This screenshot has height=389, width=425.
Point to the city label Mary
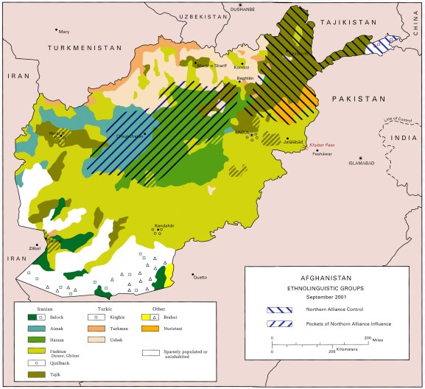[64, 32]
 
